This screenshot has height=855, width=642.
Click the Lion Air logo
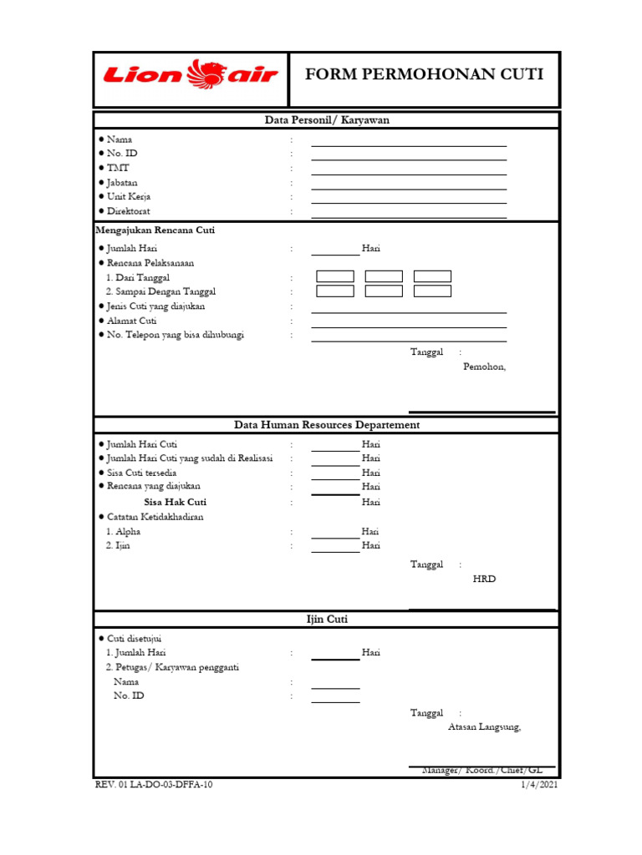pos(190,75)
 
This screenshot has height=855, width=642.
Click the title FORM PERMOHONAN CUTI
pos(424,74)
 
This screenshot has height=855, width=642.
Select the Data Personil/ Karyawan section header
pos(327,120)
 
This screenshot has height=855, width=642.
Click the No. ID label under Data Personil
pos(122,154)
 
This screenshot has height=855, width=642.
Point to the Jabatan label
pos(122,182)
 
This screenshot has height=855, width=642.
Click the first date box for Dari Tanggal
pos(335,276)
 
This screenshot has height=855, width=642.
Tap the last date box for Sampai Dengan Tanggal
pos(432,291)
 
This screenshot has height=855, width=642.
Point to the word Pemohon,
pos(484,367)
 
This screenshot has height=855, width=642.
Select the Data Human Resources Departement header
pos(327,425)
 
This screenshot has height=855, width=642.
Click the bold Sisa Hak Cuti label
pos(175,502)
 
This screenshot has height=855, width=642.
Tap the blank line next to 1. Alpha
pos(335,535)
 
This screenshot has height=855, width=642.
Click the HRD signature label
pos(484,579)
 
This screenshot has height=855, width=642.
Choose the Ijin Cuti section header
pos(327,620)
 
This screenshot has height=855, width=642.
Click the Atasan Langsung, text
pos(484,726)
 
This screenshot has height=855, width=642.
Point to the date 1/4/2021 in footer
pos(539,785)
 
